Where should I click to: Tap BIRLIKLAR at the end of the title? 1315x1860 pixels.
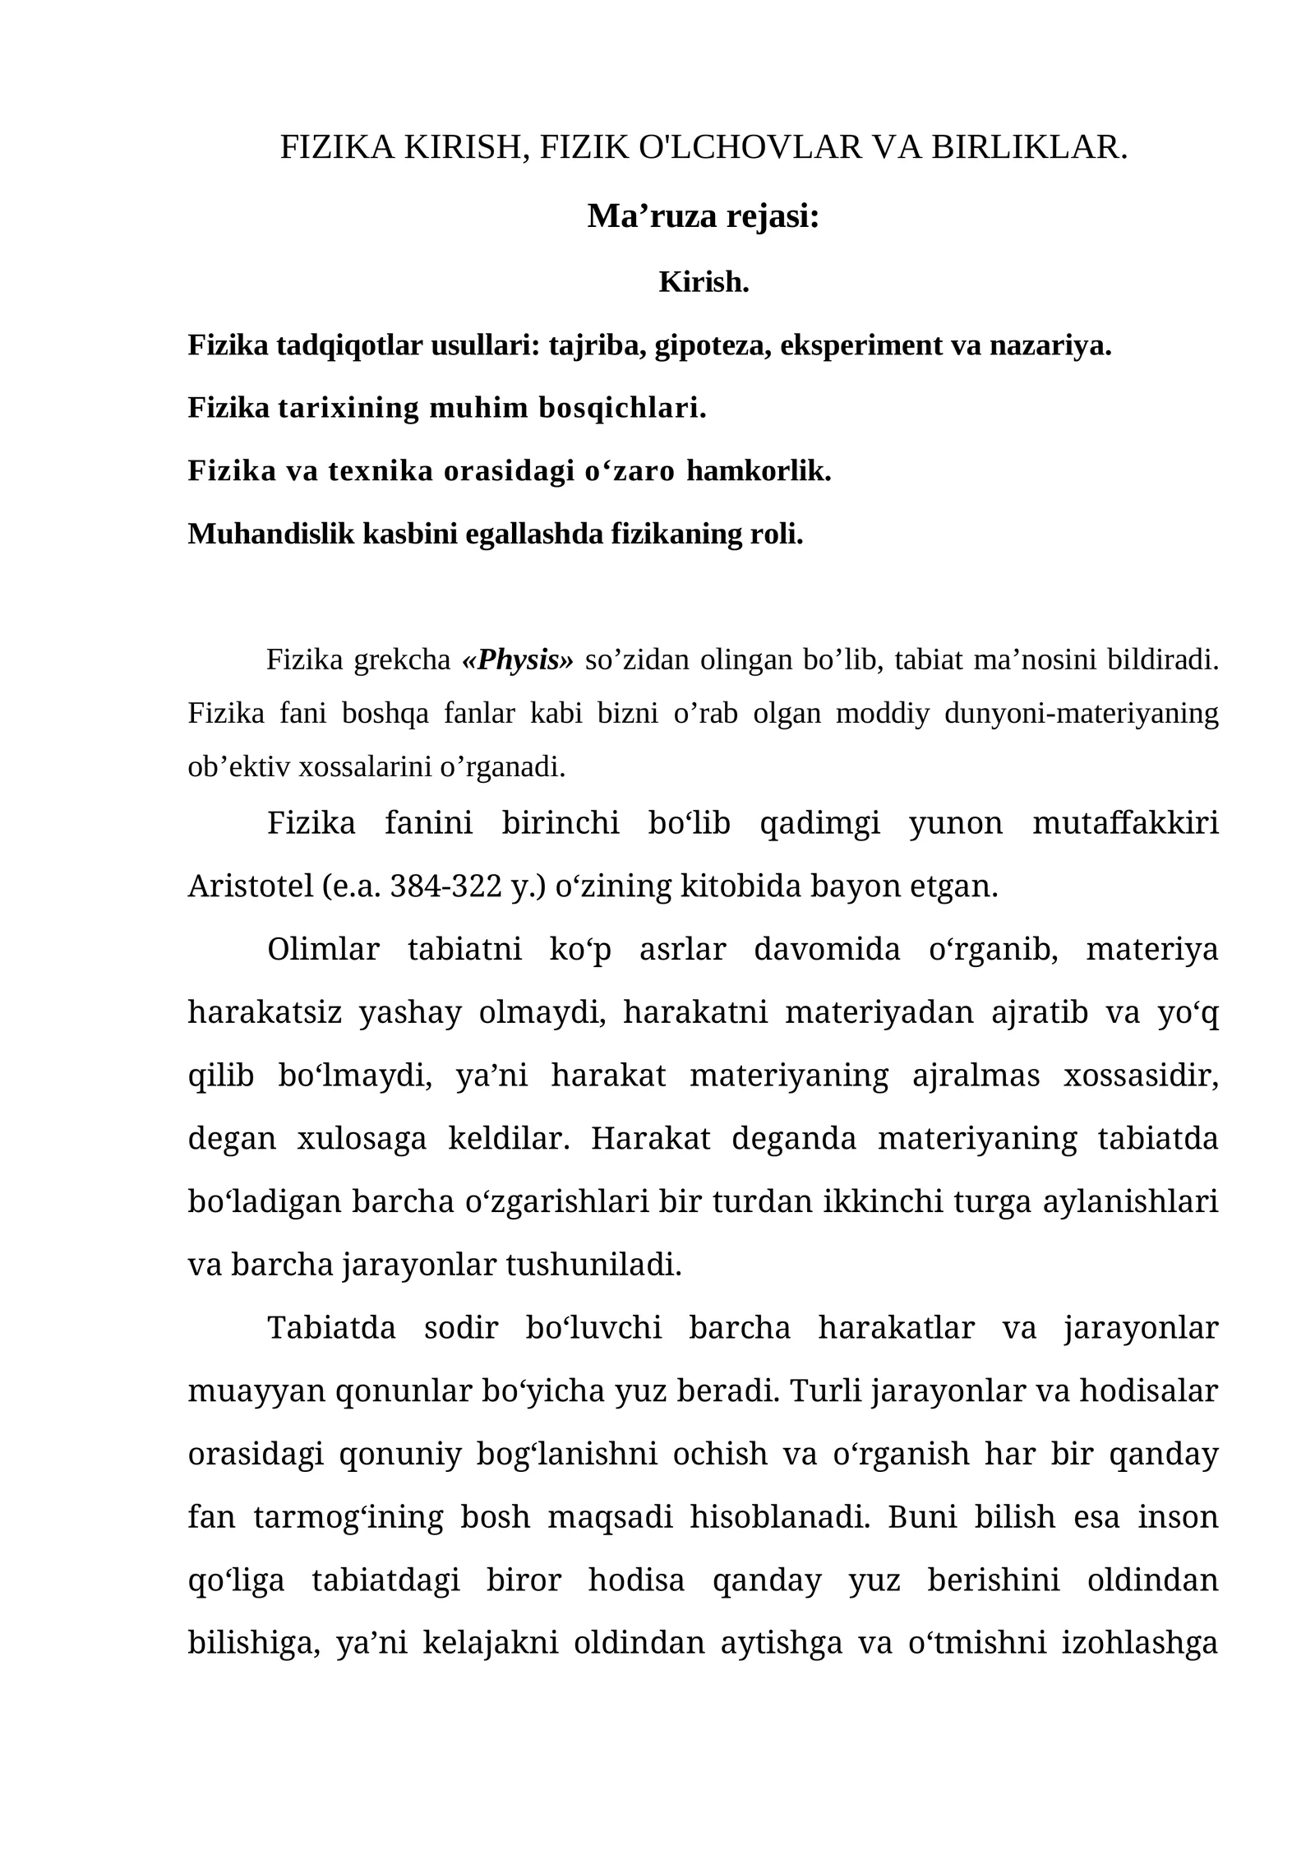coord(1028,147)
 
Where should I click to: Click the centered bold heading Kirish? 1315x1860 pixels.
coord(704,282)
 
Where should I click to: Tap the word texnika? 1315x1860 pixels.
coord(382,471)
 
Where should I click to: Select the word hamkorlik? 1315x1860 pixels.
coord(759,471)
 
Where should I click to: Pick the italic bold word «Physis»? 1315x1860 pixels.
coord(518,659)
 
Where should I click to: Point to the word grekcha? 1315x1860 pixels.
coord(403,659)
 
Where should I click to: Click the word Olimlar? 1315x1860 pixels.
coord(323,949)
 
